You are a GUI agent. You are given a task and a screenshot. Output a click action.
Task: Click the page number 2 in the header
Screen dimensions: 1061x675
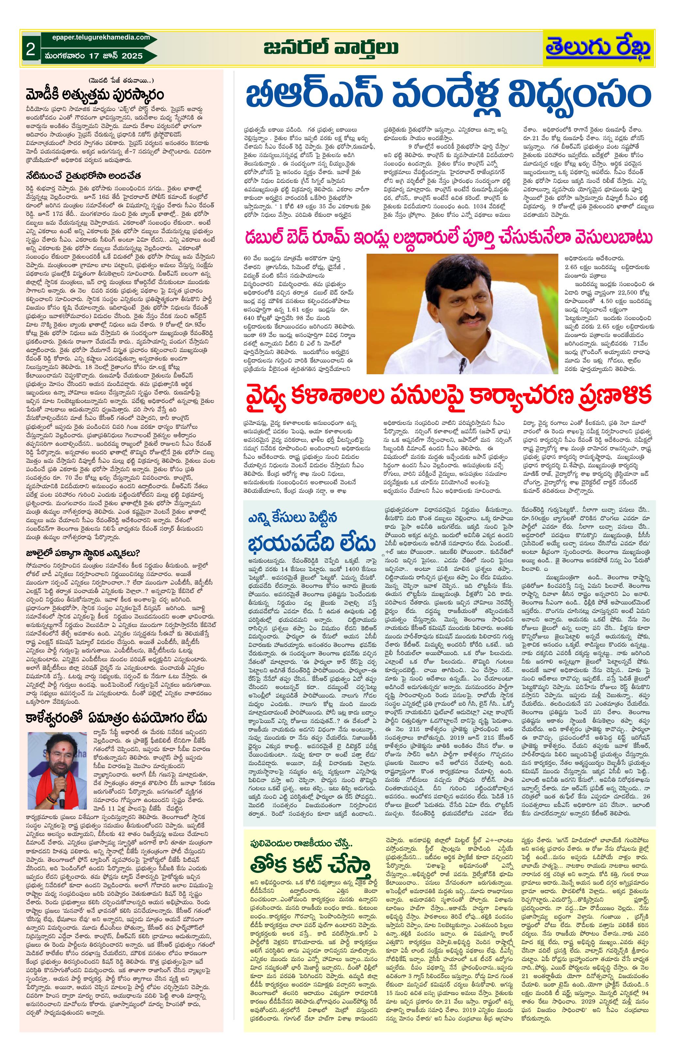point(30,49)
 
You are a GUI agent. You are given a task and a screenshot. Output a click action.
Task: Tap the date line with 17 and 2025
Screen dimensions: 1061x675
point(93,56)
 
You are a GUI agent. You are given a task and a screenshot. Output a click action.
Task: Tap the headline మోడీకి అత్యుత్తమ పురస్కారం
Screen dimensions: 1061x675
point(95,95)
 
